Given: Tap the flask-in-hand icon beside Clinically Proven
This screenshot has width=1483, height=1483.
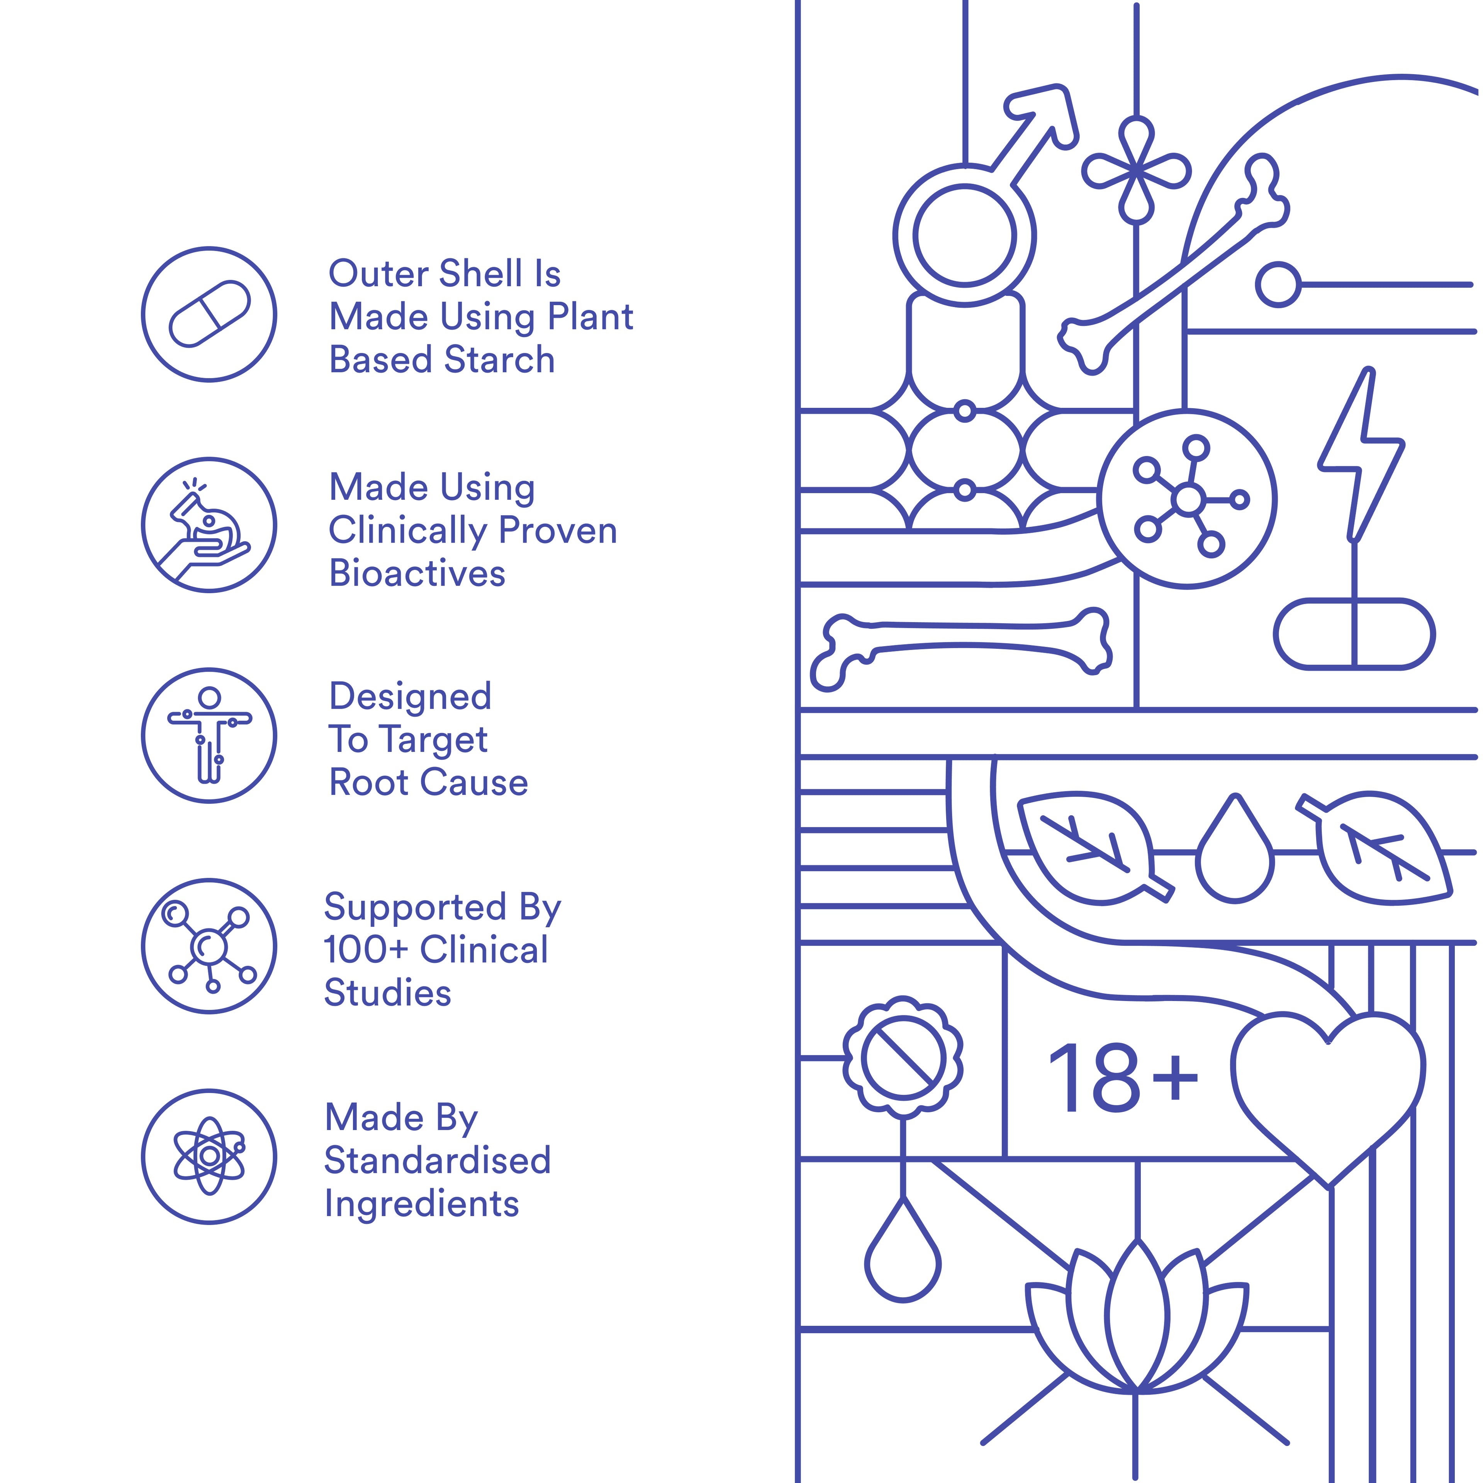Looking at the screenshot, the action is click(209, 525).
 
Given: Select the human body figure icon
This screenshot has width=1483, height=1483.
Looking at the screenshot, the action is click(209, 735).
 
